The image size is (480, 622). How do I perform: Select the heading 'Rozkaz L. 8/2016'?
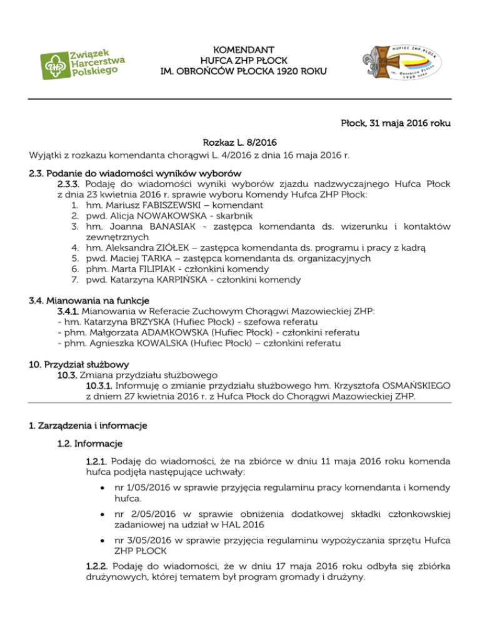[240, 143]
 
